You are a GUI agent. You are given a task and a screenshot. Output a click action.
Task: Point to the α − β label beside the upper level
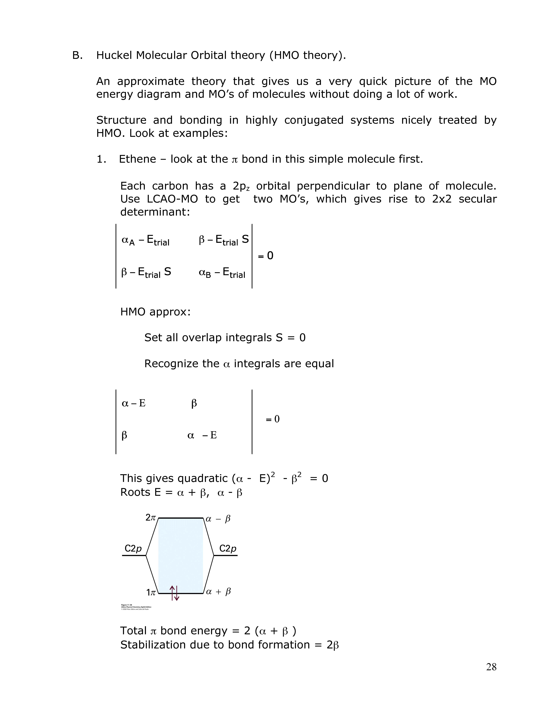218,519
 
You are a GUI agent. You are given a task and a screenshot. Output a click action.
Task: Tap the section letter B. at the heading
77,55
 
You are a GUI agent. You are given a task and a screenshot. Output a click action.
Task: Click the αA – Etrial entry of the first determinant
145,240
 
